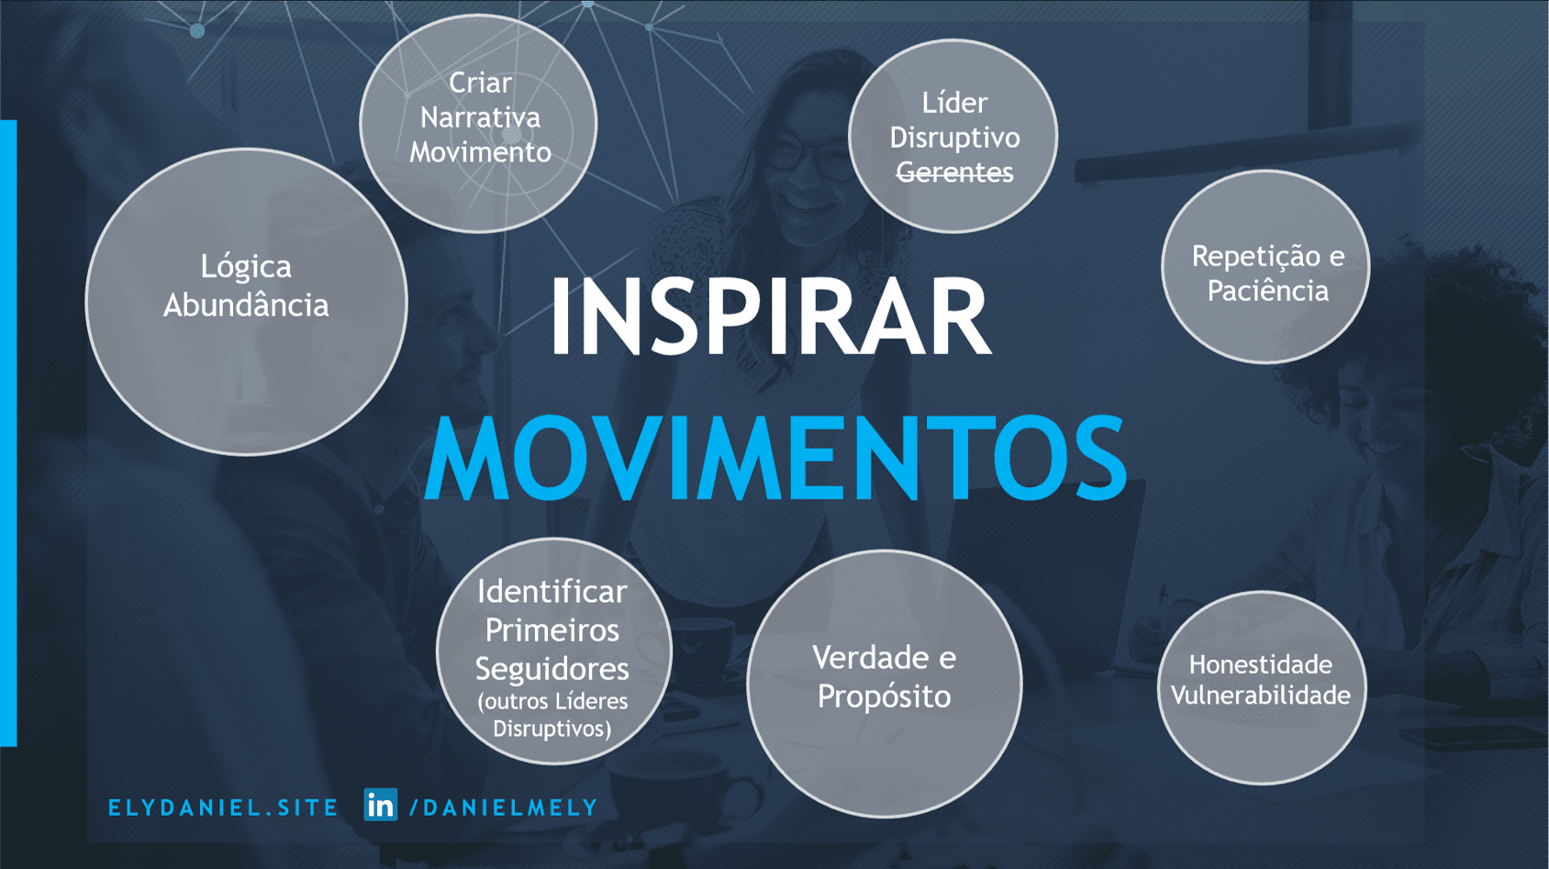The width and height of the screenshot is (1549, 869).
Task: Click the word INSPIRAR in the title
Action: tap(771, 316)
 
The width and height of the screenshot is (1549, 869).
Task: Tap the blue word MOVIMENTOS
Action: tap(776, 458)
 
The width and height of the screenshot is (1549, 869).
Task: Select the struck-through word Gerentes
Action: tap(955, 172)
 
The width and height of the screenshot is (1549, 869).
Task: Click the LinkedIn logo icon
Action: tap(380, 805)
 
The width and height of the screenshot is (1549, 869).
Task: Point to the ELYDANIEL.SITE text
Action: tap(223, 808)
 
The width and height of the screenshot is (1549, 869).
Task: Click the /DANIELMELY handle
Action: tap(504, 808)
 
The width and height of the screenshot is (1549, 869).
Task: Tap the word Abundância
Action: tap(246, 305)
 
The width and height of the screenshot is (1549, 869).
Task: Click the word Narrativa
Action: tap(480, 117)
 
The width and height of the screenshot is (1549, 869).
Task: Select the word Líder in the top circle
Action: tap(954, 103)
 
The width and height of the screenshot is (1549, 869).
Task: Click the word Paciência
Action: tap(1268, 290)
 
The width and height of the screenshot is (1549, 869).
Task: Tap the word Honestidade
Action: tap(1260, 664)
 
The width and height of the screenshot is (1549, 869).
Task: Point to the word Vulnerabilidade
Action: tap(1260, 695)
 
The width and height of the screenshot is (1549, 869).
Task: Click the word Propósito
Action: tap(884, 696)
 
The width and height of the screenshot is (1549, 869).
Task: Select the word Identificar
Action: tap(552, 592)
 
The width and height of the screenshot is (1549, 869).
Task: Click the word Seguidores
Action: tap(552, 669)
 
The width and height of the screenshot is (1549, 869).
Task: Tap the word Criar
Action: tap(480, 83)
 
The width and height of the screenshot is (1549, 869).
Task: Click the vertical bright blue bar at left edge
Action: tap(8, 433)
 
